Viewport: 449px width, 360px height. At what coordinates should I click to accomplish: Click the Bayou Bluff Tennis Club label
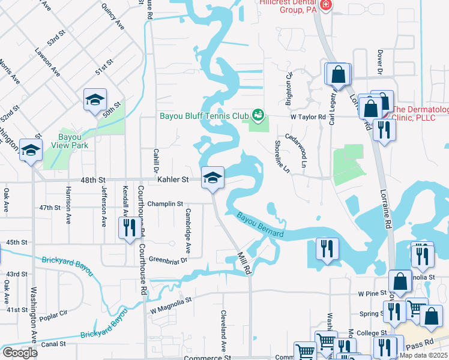[x=203, y=116]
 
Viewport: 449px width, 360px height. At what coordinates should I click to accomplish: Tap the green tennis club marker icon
[x=259, y=114]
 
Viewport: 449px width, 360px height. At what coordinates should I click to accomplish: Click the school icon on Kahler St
[x=212, y=178]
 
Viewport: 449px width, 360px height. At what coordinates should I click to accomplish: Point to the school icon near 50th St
[x=95, y=100]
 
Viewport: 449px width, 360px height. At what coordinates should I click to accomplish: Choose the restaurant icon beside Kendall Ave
[x=129, y=228]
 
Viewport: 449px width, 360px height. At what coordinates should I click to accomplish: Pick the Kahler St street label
[x=173, y=179]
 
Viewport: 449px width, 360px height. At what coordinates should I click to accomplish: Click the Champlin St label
[x=165, y=204]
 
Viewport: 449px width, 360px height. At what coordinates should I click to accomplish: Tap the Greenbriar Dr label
[x=168, y=260]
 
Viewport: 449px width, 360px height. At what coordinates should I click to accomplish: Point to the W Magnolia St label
[x=170, y=304]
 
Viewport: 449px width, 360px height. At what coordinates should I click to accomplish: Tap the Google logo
[x=20, y=353]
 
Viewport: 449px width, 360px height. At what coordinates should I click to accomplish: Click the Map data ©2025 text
[x=423, y=355]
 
